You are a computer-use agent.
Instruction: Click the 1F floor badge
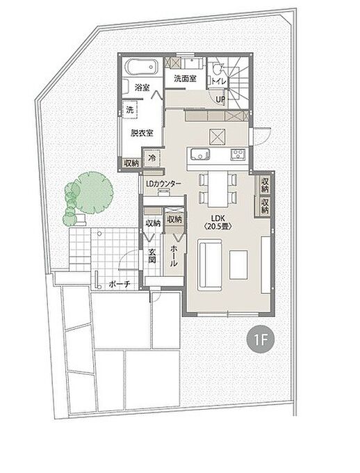tap(260, 340)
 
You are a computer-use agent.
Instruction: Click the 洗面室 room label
tap(185, 79)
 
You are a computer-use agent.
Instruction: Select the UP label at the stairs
tap(220, 99)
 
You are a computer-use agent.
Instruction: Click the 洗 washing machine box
tap(130, 109)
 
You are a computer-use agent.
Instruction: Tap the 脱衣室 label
tap(142, 133)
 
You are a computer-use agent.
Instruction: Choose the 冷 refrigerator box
tap(153, 157)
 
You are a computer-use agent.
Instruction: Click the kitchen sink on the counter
tap(199, 154)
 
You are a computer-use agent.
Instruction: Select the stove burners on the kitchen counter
tap(238, 154)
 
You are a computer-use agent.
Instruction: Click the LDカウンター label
tap(163, 184)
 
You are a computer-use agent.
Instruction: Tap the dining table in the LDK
tap(218, 189)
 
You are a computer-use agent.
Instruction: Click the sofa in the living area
tap(210, 265)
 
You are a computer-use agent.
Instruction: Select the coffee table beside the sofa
tap(238, 264)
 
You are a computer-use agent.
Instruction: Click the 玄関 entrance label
tap(152, 256)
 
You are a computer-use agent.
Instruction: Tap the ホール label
tap(174, 256)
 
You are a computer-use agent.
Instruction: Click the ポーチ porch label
tap(120, 284)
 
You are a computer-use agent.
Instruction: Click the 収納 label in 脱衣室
tap(132, 163)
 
